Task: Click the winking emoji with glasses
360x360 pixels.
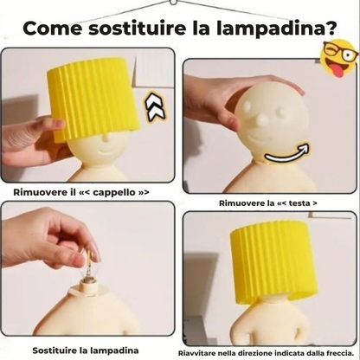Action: (337, 61)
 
